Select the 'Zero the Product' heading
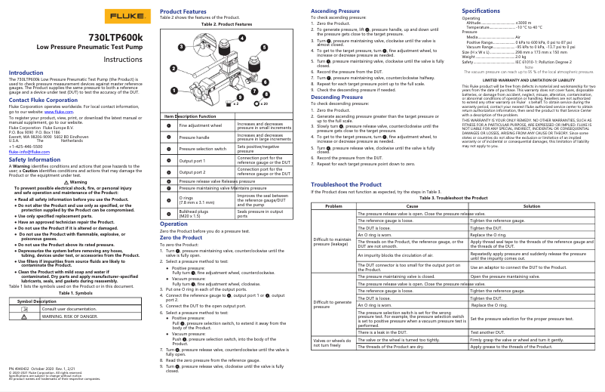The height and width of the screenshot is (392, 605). point(181,237)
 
